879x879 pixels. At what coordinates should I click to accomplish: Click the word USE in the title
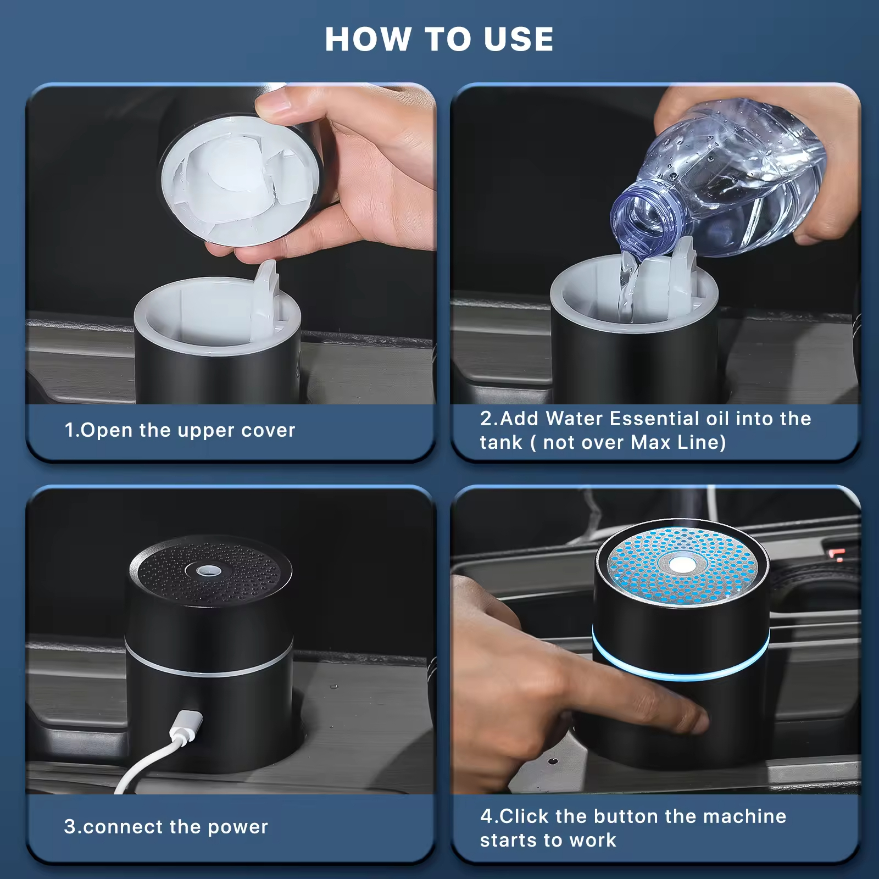519,40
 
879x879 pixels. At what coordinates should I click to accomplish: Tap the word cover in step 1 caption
268,430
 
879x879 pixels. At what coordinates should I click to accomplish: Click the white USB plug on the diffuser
185,726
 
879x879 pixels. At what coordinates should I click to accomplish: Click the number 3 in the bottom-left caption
70,827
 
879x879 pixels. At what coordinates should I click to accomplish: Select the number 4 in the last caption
486,816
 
